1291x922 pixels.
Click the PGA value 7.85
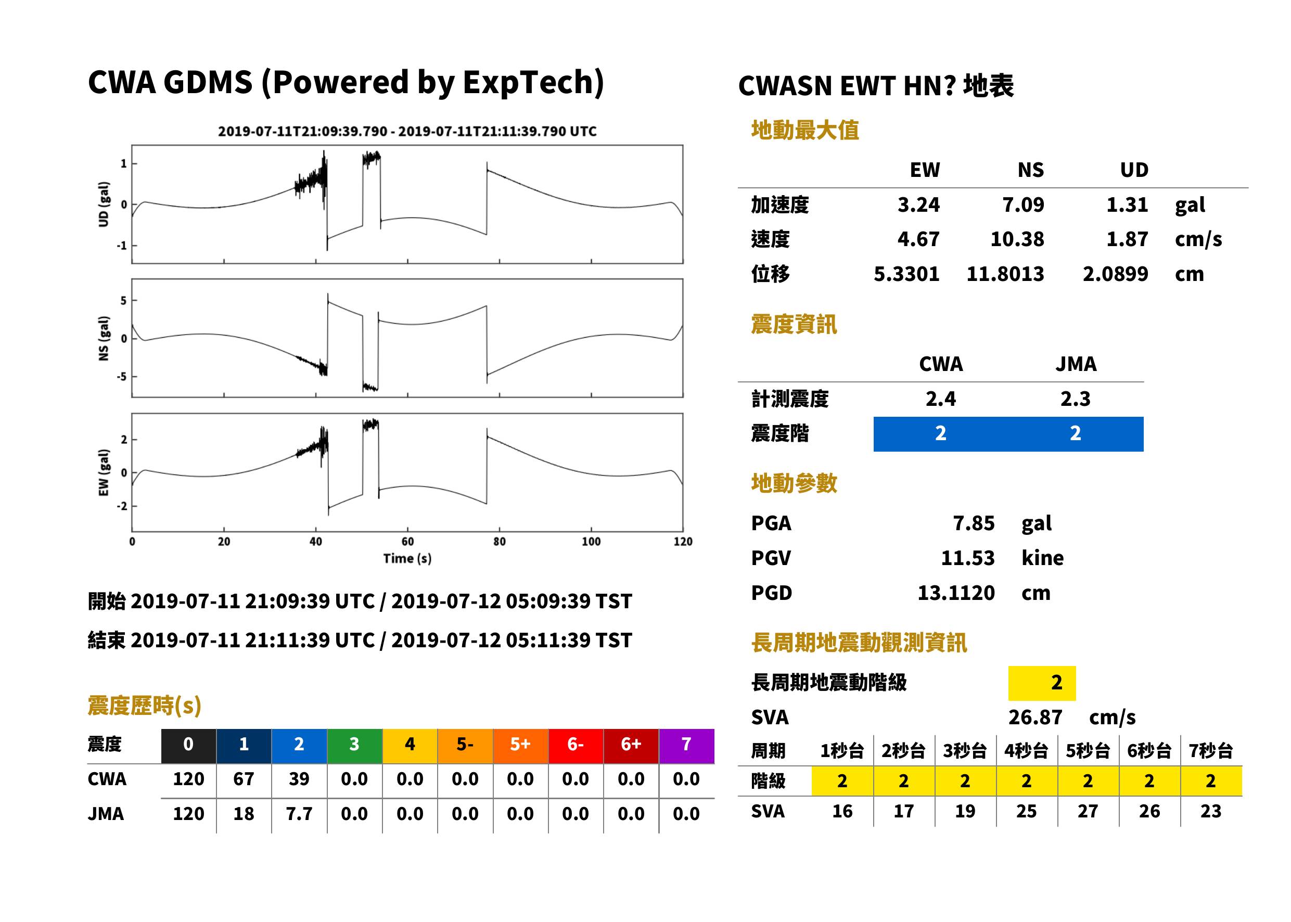point(973,523)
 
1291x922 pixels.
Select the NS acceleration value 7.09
point(1022,204)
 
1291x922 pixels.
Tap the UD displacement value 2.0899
point(1115,274)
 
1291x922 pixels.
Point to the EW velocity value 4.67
point(918,239)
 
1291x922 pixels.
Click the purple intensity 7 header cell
point(686,744)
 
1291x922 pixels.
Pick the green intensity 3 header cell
point(354,744)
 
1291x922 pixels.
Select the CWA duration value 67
point(244,779)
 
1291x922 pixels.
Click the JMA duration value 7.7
point(299,814)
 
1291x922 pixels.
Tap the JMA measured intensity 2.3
point(1075,399)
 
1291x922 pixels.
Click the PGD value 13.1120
point(956,593)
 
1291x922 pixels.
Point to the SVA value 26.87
point(1035,717)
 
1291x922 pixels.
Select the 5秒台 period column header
point(1088,750)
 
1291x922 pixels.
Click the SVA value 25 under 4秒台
point(1027,811)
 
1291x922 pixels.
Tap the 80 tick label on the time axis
point(499,542)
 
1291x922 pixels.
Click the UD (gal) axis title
point(104,204)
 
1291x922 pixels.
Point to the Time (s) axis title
point(407,559)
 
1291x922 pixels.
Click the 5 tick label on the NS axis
point(123,300)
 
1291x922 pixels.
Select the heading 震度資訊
point(794,325)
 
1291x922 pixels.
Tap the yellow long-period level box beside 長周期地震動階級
point(1042,683)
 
